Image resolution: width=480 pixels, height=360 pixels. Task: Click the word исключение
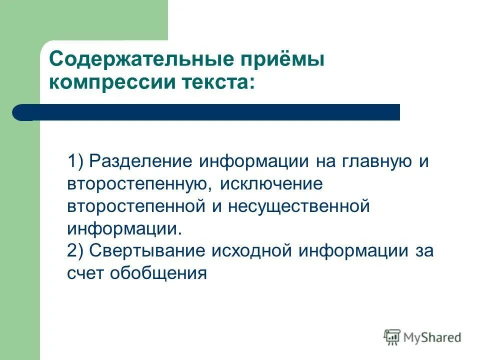[272, 184]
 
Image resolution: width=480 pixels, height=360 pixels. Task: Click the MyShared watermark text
[432, 337]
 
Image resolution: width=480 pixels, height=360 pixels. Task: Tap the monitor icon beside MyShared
[392, 337]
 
